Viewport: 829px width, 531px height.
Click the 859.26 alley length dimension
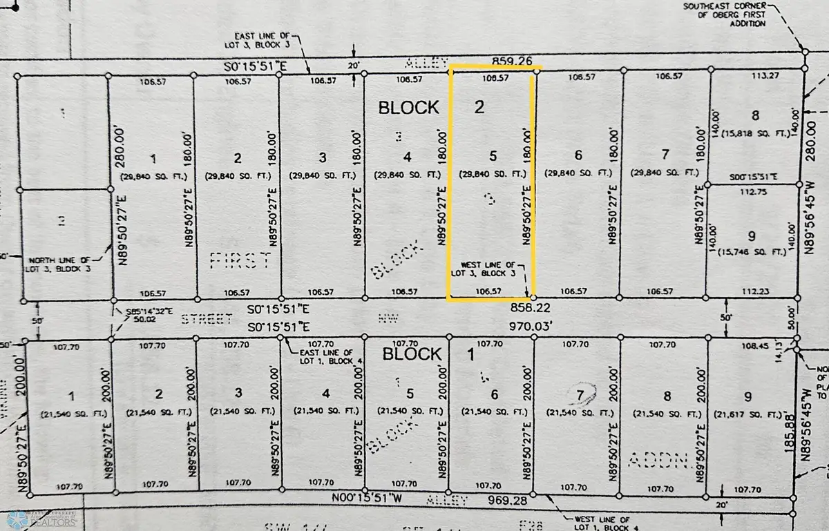pyautogui.click(x=511, y=61)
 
